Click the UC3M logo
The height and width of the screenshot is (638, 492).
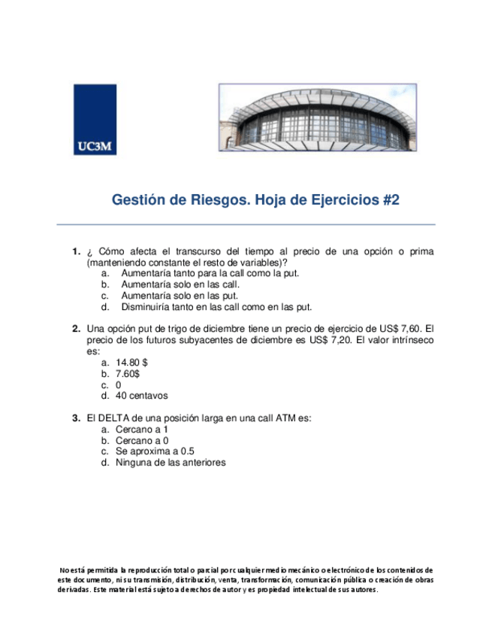click(95, 120)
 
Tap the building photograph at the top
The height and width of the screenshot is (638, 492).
click(317, 118)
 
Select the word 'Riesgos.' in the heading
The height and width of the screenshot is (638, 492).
click(219, 200)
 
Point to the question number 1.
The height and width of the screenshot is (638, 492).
click(76, 251)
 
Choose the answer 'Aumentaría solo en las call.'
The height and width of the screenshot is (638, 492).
click(180, 285)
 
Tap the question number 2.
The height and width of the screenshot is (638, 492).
click(76, 329)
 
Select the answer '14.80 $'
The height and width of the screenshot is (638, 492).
click(131, 363)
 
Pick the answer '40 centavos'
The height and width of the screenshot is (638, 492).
click(142, 396)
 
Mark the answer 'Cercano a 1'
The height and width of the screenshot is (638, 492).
click(142, 430)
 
